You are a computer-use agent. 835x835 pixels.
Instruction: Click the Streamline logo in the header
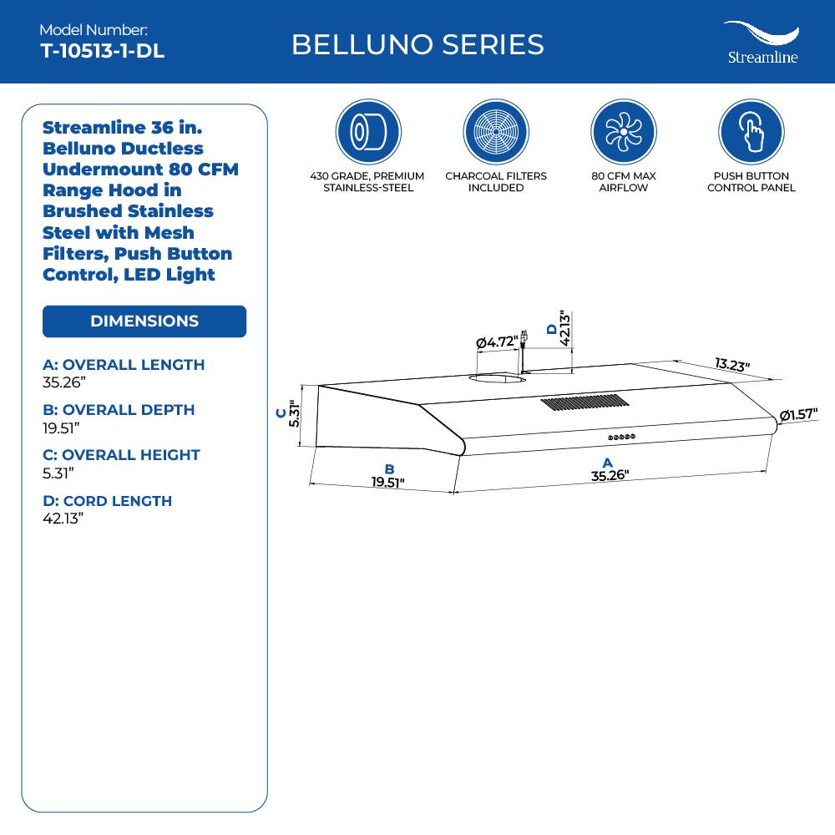click(x=761, y=43)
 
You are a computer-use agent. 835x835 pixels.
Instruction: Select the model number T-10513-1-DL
click(x=102, y=51)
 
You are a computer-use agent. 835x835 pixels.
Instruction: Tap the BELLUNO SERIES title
click(x=417, y=44)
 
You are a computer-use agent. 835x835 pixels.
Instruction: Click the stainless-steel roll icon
click(x=368, y=132)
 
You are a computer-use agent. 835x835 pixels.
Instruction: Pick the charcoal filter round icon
click(x=496, y=132)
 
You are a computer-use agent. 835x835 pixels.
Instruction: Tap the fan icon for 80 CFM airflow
click(x=624, y=132)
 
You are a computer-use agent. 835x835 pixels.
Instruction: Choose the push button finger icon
click(x=751, y=132)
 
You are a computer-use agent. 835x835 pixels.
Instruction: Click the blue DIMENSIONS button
click(x=144, y=321)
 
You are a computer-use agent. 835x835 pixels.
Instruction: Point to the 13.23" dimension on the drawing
click(x=732, y=365)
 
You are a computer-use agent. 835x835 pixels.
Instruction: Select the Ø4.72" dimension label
click(x=496, y=342)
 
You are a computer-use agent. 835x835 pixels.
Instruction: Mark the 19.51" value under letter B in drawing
click(x=387, y=482)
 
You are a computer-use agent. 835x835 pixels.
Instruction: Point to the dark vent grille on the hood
click(x=584, y=402)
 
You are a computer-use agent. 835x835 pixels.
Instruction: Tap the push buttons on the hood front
click(x=622, y=436)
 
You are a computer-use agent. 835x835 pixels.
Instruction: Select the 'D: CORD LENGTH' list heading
click(x=107, y=501)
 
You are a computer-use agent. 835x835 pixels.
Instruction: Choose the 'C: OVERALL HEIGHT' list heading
click(x=121, y=455)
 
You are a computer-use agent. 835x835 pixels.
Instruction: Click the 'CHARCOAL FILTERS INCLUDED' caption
click(x=496, y=182)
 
